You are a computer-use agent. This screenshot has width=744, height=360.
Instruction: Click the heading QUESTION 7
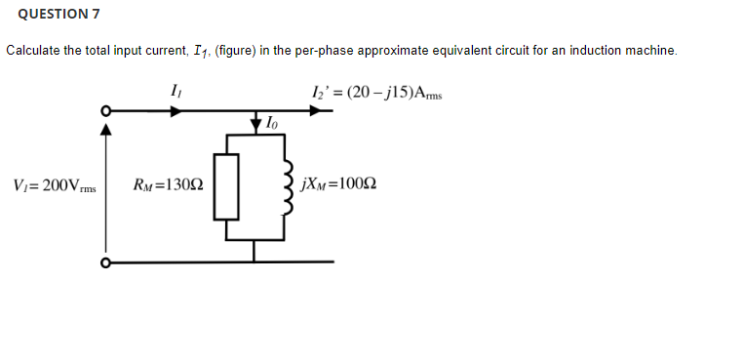coord(59,14)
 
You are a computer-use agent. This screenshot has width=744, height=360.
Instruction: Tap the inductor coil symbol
coord(286,185)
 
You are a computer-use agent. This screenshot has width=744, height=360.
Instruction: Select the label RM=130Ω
coord(167,184)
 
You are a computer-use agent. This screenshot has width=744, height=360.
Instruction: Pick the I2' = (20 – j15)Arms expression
coord(374,93)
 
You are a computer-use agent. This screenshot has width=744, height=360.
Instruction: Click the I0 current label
coord(270,124)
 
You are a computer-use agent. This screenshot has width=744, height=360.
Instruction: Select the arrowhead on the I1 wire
coord(175,111)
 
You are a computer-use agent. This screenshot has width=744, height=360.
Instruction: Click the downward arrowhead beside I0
coord(255,124)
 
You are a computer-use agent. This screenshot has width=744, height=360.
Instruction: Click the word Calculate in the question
coord(33,50)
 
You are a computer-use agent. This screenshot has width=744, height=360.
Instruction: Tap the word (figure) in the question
coord(231,50)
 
